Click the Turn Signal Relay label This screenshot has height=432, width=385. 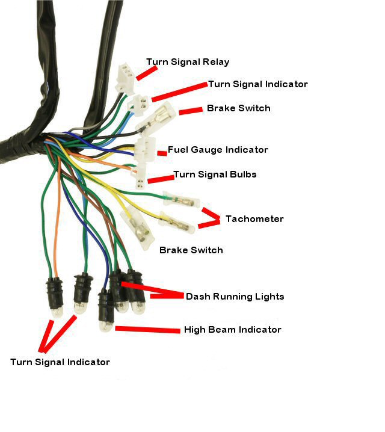click(x=188, y=62)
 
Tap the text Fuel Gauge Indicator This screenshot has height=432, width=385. click(x=218, y=150)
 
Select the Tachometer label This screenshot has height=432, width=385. click(x=254, y=219)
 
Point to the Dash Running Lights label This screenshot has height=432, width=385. click(x=235, y=297)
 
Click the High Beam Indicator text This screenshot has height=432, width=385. click(x=232, y=330)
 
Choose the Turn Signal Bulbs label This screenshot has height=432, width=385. click(x=215, y=174)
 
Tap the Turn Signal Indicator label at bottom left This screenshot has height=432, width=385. click(x=60, y=362)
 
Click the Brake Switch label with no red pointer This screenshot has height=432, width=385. click(x=191, y=250)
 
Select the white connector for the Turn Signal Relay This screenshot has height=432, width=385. click(x=125, y=77)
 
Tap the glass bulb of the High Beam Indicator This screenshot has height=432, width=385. click(x=106, y=326)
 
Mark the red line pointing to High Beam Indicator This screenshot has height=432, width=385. click(x=147, y=329)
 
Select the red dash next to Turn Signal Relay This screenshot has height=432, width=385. click(x=146, y=73)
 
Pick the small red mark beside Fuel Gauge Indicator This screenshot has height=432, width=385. click(x=162, y=154)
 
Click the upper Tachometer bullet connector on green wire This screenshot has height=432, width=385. click(x=179, y=199)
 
